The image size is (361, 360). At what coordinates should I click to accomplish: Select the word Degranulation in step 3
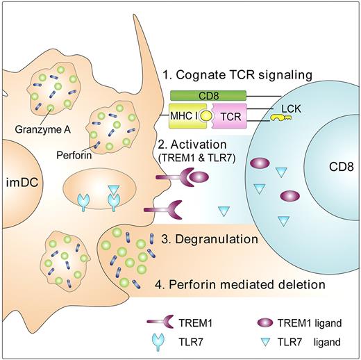[221, 240]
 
